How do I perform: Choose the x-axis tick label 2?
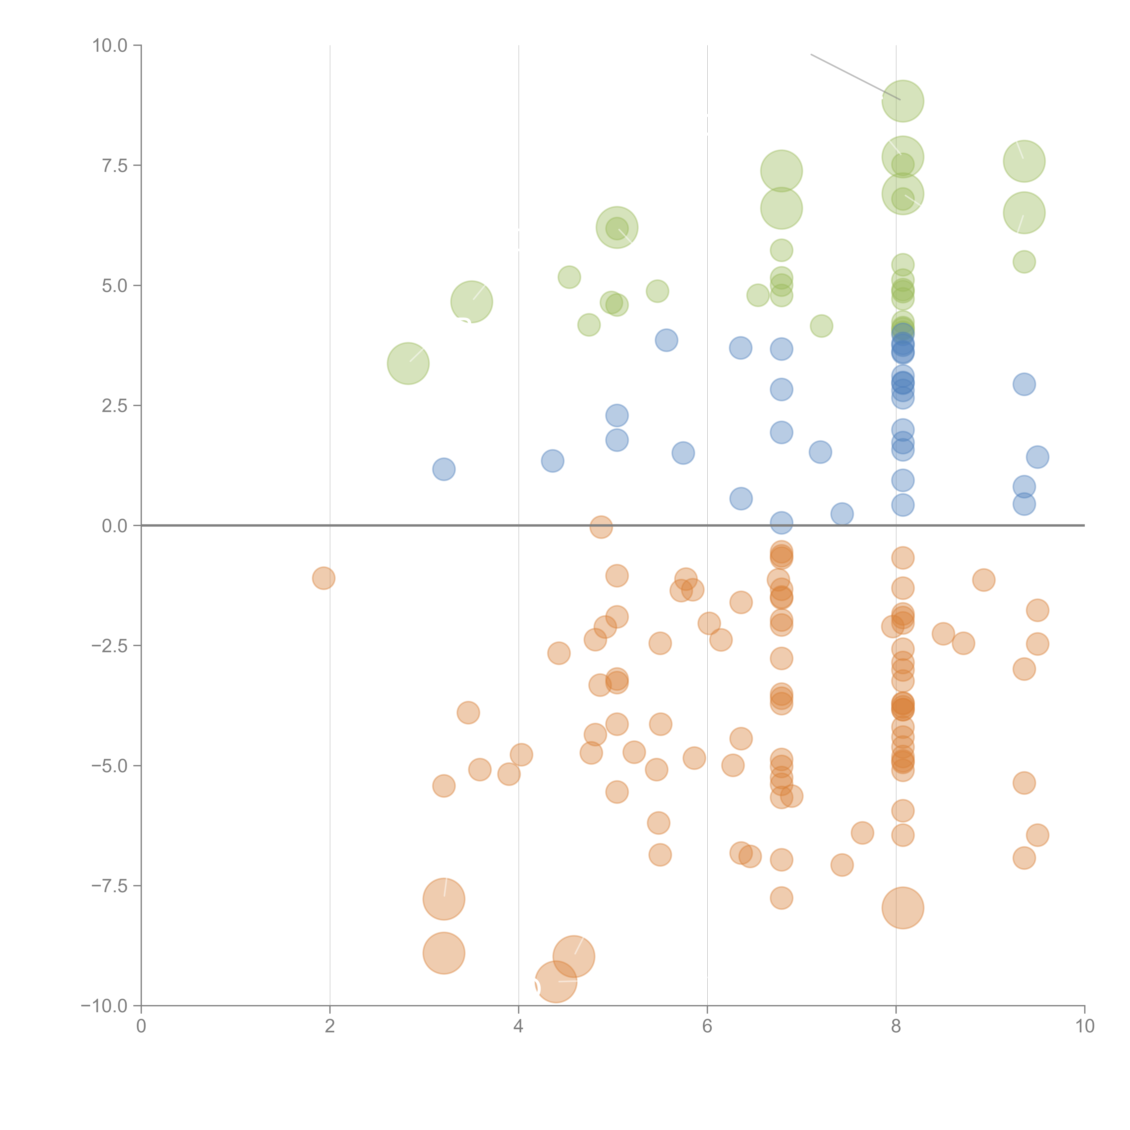(x=330, y=1026)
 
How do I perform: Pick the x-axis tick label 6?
(x=707, y=1026)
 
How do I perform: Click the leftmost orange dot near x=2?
(x=323, y=579)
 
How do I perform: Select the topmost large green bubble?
(x=902, y=101)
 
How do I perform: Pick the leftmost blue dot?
(x=444, y=469)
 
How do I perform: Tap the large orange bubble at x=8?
(x=902, y=908)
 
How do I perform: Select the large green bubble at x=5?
(x=617, y=228)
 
